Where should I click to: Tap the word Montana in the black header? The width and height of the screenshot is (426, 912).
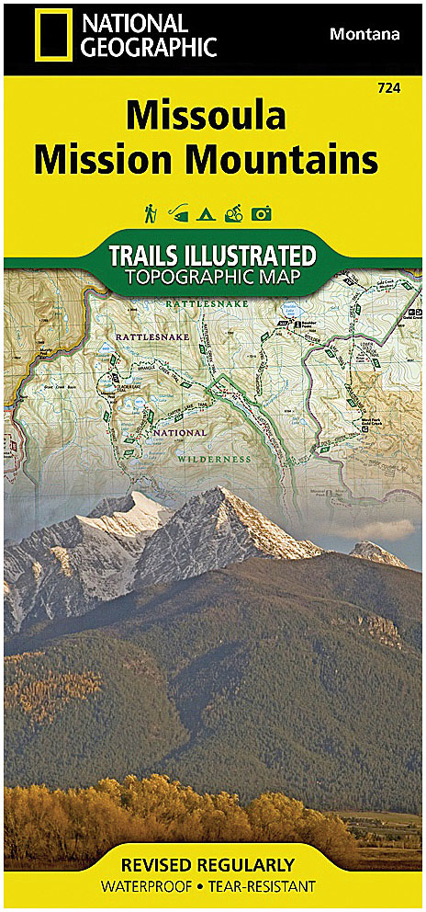(x=364, y=34)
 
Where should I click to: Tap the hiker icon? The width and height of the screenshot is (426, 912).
(x=149, y=213)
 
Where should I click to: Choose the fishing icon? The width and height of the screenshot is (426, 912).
(x=176, y=214)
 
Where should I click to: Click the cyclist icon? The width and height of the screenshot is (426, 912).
(x=232, y=214)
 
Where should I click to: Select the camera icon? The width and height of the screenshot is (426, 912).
(x=262, y=214)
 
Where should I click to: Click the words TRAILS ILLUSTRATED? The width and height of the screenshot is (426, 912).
(x=212, y=255)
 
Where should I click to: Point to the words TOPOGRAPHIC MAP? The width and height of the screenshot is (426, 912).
(x=212, y=277)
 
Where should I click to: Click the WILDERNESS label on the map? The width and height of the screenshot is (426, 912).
(x=216, y=457)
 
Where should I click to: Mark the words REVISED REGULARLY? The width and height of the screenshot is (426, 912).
(x=212, y=865)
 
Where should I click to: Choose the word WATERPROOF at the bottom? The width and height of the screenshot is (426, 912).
(x=154, y=886)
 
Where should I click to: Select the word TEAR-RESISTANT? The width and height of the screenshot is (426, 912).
(x=263, y=886)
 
